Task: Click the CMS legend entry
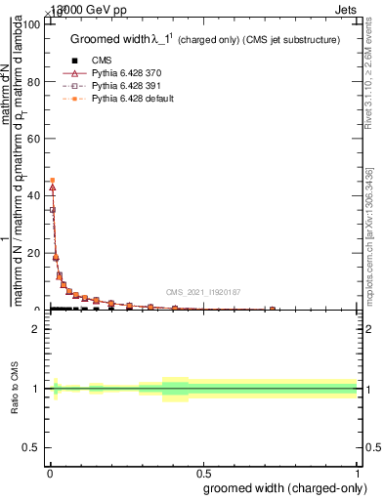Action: pos(102,61)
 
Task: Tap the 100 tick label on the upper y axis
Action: pos(31,24)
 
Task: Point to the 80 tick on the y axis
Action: pos(34,82)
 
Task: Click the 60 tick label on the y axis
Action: pos(34,139)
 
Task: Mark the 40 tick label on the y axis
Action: pos(34,196)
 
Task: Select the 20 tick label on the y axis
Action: pos(34,253)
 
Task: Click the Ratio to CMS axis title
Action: pos(15,389)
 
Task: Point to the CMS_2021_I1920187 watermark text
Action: pos(202,292)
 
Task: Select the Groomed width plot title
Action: pos(205,40)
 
